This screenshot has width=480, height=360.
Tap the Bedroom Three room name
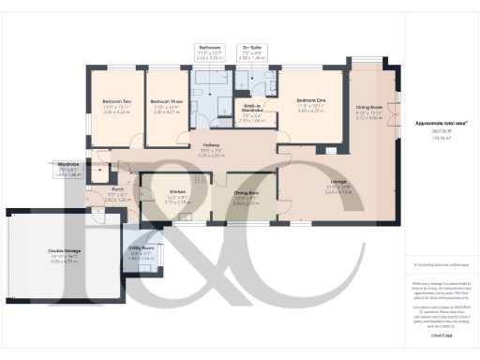pos(166,101)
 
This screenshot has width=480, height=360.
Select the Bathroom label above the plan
pos(209,47)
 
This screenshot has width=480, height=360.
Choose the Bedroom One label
pos(311,100)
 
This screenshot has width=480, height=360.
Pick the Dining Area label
pos(247,193)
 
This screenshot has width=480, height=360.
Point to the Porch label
pos(117,188)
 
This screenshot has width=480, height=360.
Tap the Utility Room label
pos(141,248)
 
